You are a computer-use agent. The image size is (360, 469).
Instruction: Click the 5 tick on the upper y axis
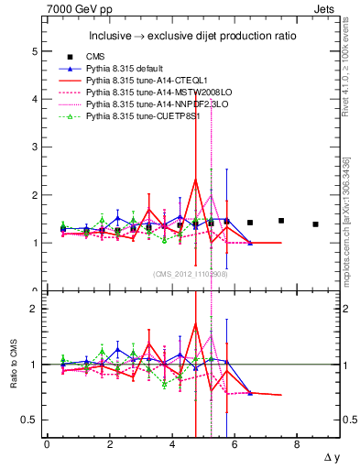[36, 52]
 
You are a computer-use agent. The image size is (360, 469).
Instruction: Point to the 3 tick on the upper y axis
[36, 147]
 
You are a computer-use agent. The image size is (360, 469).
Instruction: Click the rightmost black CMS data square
[315, 224]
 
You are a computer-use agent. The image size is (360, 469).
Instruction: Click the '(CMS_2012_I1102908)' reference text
[191, 274]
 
